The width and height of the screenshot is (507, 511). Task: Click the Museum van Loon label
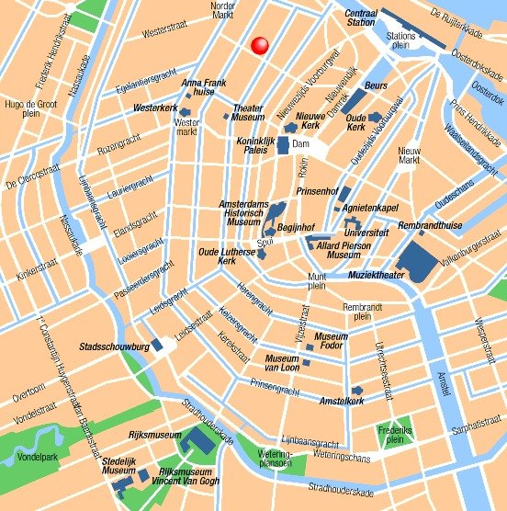click(282, 362)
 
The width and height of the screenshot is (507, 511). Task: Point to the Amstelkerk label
click(343, 402)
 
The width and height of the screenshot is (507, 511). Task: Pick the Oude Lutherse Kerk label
click(224, 255)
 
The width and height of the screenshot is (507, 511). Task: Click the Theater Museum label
click(247, 112)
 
